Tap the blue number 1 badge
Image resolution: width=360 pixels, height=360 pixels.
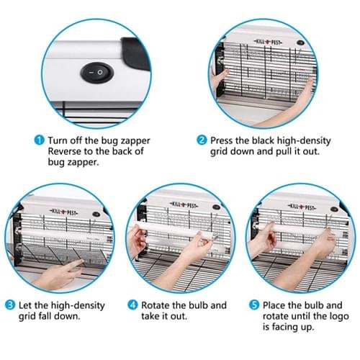[x=39, y=140]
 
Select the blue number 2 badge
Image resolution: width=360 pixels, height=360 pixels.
[x=202, y=140]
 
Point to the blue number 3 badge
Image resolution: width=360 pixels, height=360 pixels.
[x=10, y=305]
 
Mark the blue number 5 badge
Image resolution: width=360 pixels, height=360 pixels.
[x=254, y=305]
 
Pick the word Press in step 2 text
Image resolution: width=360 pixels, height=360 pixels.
[x=224, y=140]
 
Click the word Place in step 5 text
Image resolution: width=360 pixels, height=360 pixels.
[x=276, y=305]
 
